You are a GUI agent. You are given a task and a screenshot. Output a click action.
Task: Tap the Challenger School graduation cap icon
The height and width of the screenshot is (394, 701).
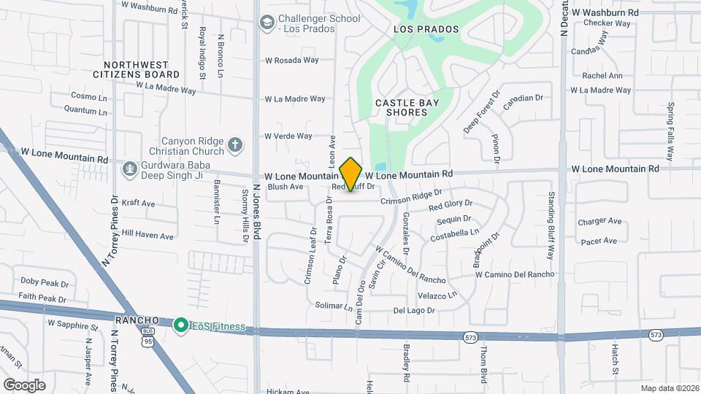267,23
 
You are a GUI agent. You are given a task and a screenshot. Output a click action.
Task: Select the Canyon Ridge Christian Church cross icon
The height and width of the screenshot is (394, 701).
234,145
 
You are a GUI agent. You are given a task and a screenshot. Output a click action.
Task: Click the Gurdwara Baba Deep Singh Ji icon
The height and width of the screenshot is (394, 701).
130,169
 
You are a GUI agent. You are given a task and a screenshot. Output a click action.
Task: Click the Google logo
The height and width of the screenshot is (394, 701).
24,385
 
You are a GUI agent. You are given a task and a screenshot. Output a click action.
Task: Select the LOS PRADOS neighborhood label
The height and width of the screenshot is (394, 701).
426,29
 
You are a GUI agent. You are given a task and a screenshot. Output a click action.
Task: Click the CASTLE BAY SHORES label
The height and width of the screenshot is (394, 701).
407,107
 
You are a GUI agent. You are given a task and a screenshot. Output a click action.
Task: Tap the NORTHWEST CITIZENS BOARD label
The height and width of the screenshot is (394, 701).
137,69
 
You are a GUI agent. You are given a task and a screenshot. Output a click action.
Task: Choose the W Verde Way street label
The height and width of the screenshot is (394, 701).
288,136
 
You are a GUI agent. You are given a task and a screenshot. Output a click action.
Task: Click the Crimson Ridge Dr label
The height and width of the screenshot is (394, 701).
410,196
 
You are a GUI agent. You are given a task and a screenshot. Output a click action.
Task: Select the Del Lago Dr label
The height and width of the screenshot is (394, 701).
414,310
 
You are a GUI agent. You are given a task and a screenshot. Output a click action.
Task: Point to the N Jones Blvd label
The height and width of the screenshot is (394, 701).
256,212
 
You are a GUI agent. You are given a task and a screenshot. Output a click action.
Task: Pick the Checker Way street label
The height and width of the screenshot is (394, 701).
607,23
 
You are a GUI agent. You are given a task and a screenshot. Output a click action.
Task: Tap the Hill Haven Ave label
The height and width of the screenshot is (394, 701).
148,236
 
